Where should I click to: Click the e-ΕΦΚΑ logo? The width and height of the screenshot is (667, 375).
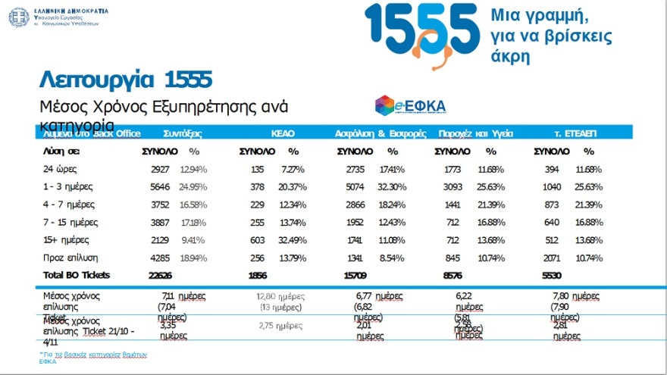(x=410, y=105)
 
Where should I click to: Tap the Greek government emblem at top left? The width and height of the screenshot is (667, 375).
(x=19, y=16)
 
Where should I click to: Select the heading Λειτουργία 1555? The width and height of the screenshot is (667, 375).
(x=125, y=79)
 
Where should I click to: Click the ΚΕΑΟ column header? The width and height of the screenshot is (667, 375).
(x=283, y=133)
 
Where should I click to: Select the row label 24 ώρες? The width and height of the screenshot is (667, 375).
(x=60, y=169)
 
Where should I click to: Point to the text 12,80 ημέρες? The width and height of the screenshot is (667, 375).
(x=280, y=296)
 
